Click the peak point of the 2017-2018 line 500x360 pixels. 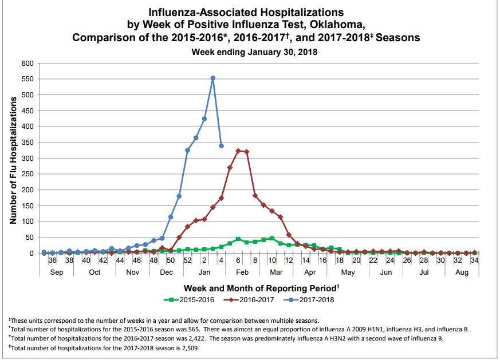213,78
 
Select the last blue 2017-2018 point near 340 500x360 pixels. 221,145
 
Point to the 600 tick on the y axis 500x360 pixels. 27,63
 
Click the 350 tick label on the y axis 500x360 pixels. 27,142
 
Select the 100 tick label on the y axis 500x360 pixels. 27,221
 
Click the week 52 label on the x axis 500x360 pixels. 187,260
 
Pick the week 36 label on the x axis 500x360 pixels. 52,260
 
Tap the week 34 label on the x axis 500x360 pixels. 474,260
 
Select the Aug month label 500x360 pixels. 461,272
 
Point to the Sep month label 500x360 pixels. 57,272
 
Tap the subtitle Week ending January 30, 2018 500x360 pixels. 254,52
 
